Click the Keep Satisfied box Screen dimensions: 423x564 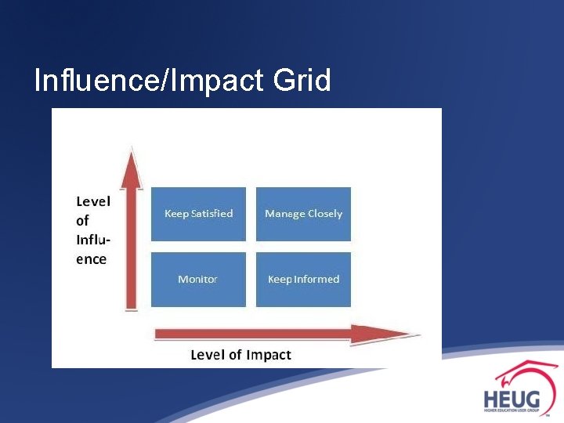click(198, 214)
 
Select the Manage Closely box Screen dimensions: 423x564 click(303, 214)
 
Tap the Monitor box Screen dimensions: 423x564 click(198, 279)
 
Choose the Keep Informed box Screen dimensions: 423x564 click(303, 279)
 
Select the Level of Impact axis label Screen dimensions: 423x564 click(240, 355)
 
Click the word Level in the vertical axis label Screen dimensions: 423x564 click(92, 201)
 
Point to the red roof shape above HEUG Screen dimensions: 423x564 click(525, 372)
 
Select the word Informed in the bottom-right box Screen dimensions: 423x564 click(317, 279)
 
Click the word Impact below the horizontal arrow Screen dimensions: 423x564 click(269, 355)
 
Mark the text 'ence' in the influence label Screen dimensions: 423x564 click(91, 259)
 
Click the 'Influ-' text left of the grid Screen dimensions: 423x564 click(92, 240)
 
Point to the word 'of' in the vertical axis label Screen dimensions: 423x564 click(82, 221)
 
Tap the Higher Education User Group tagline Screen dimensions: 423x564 click(511, 410)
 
